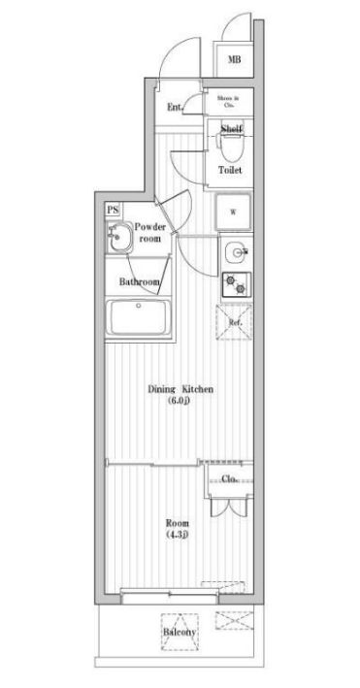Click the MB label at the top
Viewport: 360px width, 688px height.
click(x=234, y=59)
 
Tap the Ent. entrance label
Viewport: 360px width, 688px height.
click(x=175, y=107)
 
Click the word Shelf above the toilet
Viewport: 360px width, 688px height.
click(x=231, y=129)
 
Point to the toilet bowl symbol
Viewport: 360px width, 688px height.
click(x=231, y=148)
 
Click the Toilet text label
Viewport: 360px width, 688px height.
click(x=230, y=170)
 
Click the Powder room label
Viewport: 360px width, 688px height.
click(x=150, y=232)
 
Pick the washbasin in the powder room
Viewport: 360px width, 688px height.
click(x=120, y=238)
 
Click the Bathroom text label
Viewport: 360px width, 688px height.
click(x=139, y=282)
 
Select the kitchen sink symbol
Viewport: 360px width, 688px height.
click(x=234, y=254)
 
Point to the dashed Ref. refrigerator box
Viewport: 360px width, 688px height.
click(x=234, y=322)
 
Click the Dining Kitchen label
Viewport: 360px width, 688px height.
click(x=180, y=389)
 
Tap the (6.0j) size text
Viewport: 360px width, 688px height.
click(x=180, y=401)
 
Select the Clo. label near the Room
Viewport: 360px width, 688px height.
click(x=230, y=479)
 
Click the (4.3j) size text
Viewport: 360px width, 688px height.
click(x=176, y=534)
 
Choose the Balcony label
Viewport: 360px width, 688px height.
click(x=180, y=633)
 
